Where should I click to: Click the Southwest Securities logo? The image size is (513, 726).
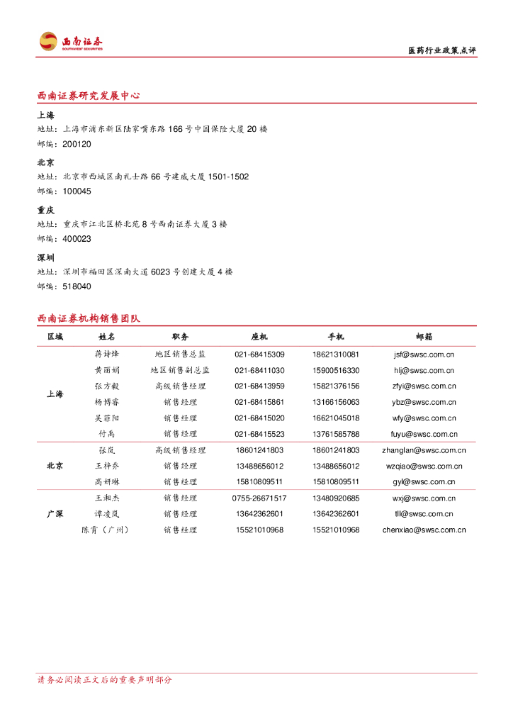pyautogui.click(x=71, y=41)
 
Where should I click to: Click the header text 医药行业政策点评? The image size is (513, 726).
pyautogui.click(x=442, y=50)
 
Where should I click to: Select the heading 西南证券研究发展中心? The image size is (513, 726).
pyautogui.click(x=89, y=96)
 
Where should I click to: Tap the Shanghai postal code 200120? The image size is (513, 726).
pyautogui.click(x=77, y=144)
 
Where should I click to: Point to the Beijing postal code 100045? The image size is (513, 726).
pyautogui.click(x=77, y=191)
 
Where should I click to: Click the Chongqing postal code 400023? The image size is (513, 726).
pyautogui.click(x=77, y=239)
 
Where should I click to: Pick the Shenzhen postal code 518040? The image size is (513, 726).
pyautogui.click(x=77, y=286)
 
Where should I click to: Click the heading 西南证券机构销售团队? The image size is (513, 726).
pyautogui.click(x=89, y=318)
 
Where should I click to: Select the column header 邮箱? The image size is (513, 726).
pyautogui.click(x=424, y=337)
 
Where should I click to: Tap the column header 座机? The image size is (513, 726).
pyautogui.click(x=259, y=337)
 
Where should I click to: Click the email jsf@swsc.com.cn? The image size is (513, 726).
pyautogui.click(x=424, y=354)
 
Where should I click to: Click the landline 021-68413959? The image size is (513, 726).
pyautogui.click(x=259, y=386)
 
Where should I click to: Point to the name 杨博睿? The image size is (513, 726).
pyautogui.click(x=107, y=402)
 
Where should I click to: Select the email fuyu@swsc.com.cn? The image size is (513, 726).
pyautogui.click(x=424, y=434)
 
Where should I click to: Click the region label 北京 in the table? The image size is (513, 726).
pyautogui.click(x=55, y=466)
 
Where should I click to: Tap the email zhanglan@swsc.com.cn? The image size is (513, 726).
pyautogui.click(x=424, y=450)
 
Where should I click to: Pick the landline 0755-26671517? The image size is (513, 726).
pyautogui.click(x=259, y=498)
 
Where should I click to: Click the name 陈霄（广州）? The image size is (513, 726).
pyautogui.click(x=106, y=530)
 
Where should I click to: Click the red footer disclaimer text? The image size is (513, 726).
pyautogui.click(x=104, y=680)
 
